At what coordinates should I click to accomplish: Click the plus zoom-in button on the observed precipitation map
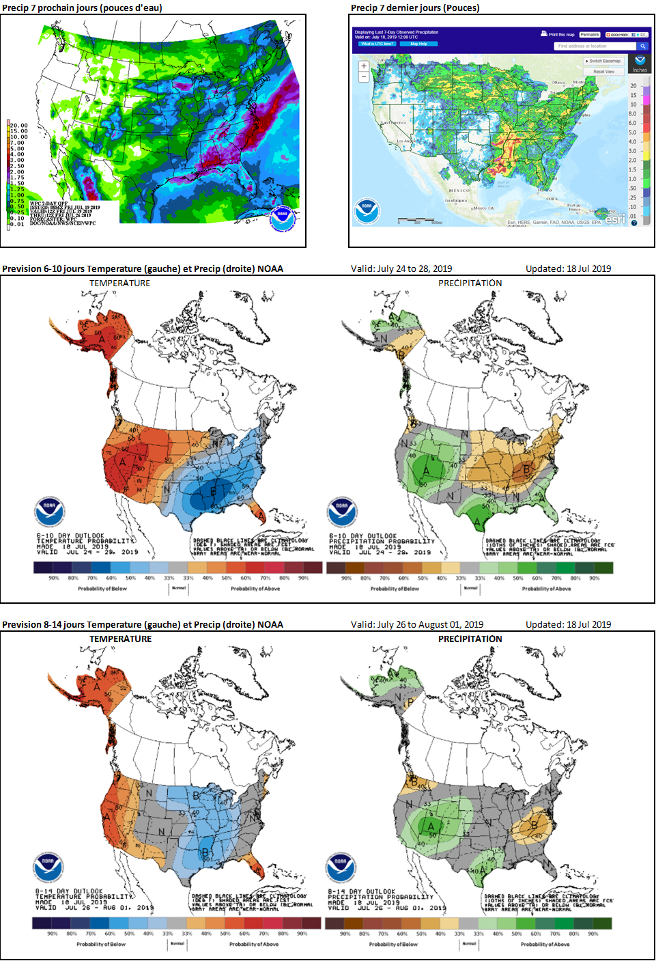[x=364, y=66]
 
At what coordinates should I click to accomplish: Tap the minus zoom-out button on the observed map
[x=364, y=77]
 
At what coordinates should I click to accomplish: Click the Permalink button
[x=590, y=34]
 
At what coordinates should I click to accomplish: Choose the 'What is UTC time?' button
[x=377, y=44]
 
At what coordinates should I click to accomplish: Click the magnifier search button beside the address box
[x=642, y=46]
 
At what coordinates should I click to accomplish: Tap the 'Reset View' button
[x=603, y=72]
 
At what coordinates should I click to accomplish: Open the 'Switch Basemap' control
[x=603, y=61]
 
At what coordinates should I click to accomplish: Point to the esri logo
[x=614, y=219]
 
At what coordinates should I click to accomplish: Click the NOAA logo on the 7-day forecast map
[x=281, y=217]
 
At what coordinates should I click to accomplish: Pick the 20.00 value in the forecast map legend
[x=18, y=126]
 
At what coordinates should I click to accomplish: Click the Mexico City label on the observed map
[x=484, y=208]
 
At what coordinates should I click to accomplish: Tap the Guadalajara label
[x=455, y=201]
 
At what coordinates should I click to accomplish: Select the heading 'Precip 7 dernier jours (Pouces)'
[x=415, y=8]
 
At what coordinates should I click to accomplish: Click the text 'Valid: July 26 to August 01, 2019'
[x=417, y=624]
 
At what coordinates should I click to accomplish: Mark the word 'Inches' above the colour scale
[x=640, y=70]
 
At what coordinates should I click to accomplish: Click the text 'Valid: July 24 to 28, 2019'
[x=401, y=268]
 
